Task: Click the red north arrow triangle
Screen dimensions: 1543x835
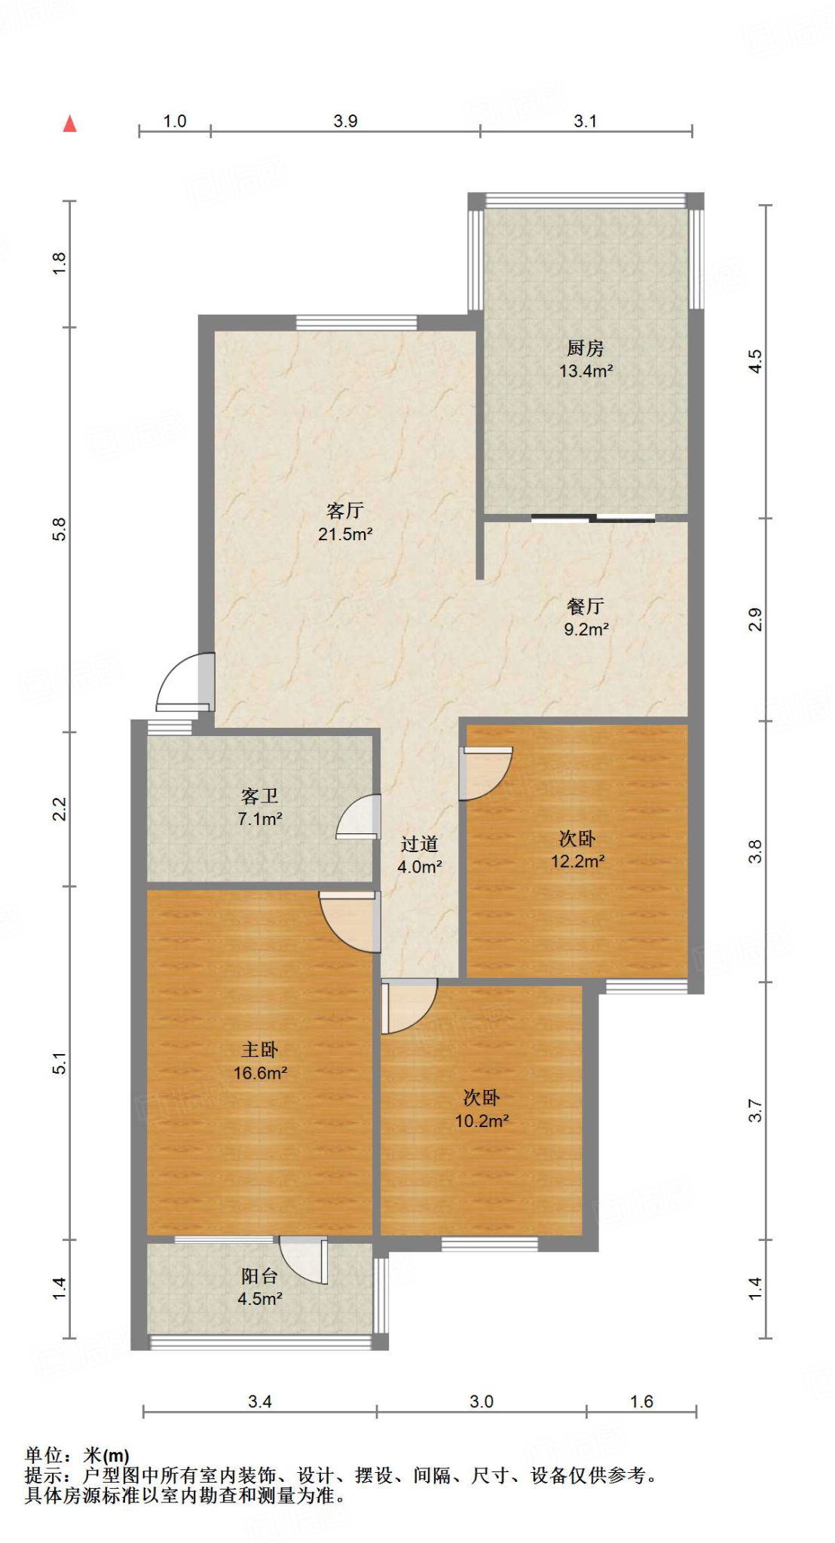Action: [x=70, y=124]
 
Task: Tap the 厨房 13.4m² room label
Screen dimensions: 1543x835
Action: [x=586, y=359]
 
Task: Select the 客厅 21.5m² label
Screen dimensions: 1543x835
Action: [x=345, y=522]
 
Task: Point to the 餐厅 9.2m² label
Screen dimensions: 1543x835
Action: [x=586, y=617]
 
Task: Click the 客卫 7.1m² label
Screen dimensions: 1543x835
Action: [x=260, y=807]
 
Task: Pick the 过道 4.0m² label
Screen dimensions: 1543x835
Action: [x=420, y=855]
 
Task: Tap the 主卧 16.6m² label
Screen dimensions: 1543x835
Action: [x=260, y=1061]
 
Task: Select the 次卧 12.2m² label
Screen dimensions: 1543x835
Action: [x=577, y=849]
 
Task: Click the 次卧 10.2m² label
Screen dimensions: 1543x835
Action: [x=482, y=1109]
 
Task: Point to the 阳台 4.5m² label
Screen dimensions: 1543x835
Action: [x=260, y=1287]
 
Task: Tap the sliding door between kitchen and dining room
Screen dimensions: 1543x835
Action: [x=593, y=518]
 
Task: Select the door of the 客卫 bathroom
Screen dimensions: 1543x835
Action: [x=358, y=817]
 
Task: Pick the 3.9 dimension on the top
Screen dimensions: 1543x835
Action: [x=345, y=121]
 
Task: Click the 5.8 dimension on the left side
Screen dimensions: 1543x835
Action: [x=60, y=529]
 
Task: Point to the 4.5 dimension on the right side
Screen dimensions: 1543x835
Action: [x=755, y=361]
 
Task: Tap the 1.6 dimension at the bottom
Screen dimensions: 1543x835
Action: [x=641, y=1401]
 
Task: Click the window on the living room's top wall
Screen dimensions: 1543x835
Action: [x=356, y=322]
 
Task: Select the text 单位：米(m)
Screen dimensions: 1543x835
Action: [x=77, y=1456]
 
